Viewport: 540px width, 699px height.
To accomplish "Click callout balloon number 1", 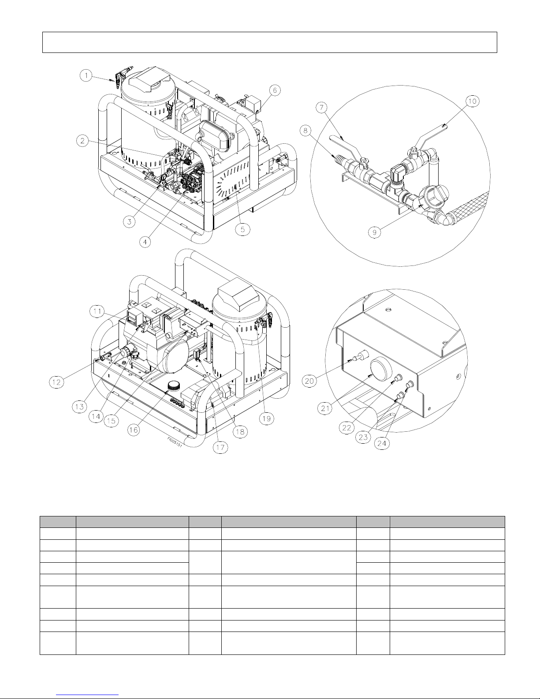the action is pos(86,76).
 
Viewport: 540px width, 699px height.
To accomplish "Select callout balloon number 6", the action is pos(275,90).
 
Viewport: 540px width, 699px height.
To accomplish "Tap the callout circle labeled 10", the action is pos(472,101).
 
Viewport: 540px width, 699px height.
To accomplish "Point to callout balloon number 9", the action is pos(374,232).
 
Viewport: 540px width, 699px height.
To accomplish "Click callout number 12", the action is pos(56,382).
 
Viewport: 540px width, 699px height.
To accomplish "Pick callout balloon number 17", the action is pos(220,447).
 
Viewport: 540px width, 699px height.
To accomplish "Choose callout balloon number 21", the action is pos(325,408).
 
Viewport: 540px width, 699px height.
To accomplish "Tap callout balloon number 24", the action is pos(382,443).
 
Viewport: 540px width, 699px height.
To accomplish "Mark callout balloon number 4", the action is pos(145,242).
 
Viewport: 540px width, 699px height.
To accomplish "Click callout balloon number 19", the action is pos(266,419).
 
